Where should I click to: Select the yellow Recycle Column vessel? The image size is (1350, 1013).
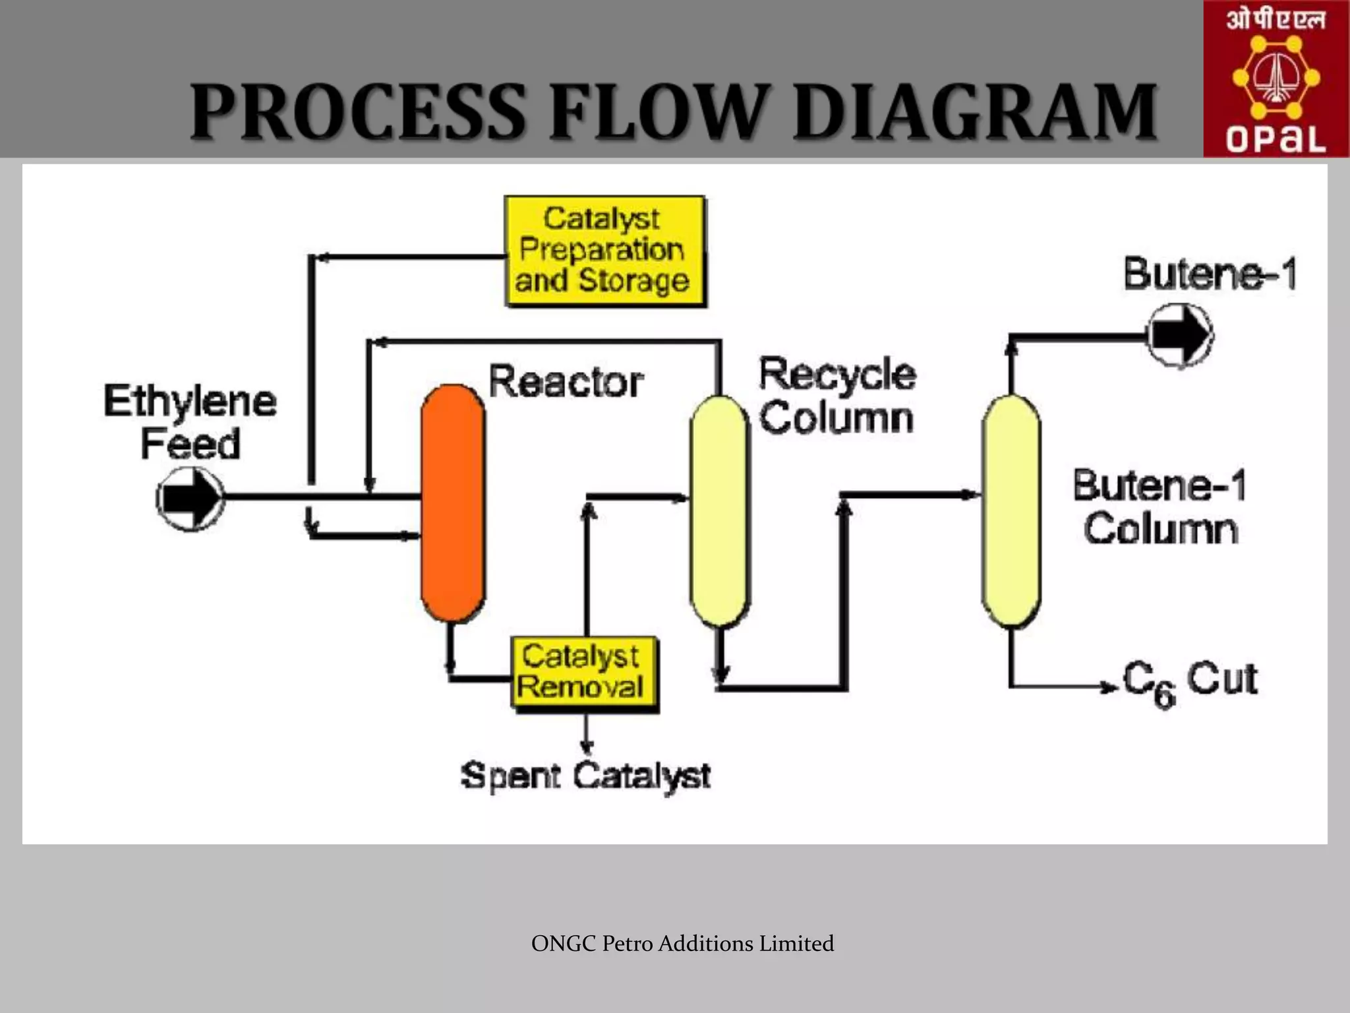tap(719, 511)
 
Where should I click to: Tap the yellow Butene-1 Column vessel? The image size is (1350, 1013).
tap(1011, 511)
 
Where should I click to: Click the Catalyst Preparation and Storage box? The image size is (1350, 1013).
tap(604, 251)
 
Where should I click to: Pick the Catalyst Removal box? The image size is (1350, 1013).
tap(585, 673)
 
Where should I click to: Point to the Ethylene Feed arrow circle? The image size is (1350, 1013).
tap(190, 499)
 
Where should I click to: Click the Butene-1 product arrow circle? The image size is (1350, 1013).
tap(1179, 335)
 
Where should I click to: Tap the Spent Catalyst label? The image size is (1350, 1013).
tap(585, 776)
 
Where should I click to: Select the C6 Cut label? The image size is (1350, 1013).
tap(1190, 682)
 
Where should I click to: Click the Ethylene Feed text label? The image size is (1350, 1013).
tap(190, 422)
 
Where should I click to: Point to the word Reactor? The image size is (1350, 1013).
tap(566, 382)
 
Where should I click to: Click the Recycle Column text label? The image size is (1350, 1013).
tap(837, 396)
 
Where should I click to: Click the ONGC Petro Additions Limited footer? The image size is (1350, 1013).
tap(682, 943)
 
